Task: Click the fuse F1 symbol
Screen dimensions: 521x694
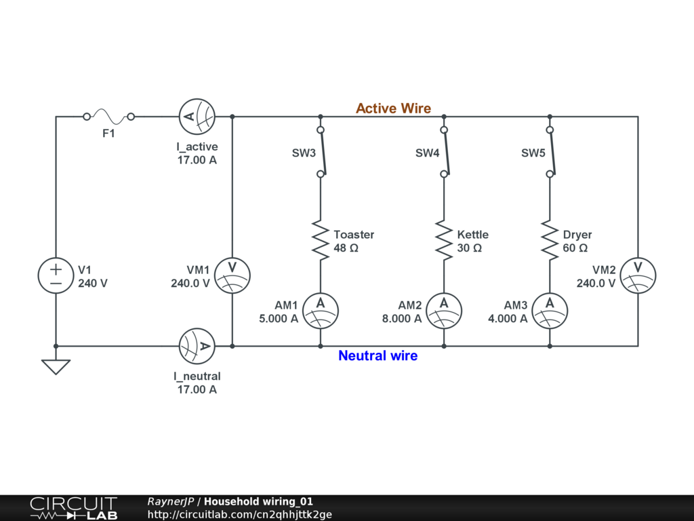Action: tap(108, 116)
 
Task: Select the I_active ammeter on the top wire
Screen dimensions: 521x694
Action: tap(197, 117)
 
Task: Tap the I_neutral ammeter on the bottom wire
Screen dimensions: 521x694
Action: tap(197, 346)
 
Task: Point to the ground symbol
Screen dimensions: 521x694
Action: tap(56, 366)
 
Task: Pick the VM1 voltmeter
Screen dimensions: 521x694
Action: tap(232, 275)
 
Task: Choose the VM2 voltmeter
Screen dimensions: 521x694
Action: tap(638, 275)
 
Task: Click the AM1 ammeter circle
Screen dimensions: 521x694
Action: tap(321, 311)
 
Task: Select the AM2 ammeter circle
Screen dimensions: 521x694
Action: tap(444, 311)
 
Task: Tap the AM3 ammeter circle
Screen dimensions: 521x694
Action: tap(550, 311)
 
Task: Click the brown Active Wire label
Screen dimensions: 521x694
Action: tap(393, 109)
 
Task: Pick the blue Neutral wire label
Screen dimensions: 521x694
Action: tap(377, 355)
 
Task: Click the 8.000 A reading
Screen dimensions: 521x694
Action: tap(402, 318)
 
